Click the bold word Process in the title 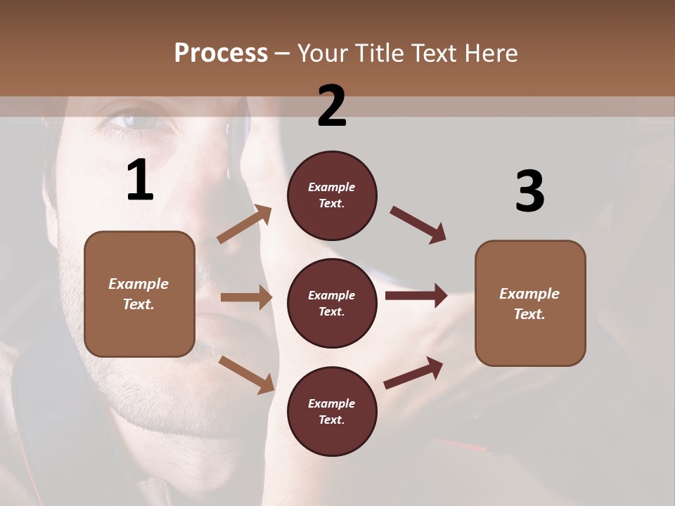[221, 53]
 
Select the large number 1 [140, 181]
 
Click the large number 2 [332, 106]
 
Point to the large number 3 [529, 192]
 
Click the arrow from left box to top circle [245, 224]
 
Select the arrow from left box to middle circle [246, 297]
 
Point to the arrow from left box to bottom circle [246, 374]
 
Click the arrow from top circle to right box [418, 225]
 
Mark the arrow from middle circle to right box [416, 296]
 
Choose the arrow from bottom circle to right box [414, 373]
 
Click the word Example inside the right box [529, 294]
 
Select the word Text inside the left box [138, 305]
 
